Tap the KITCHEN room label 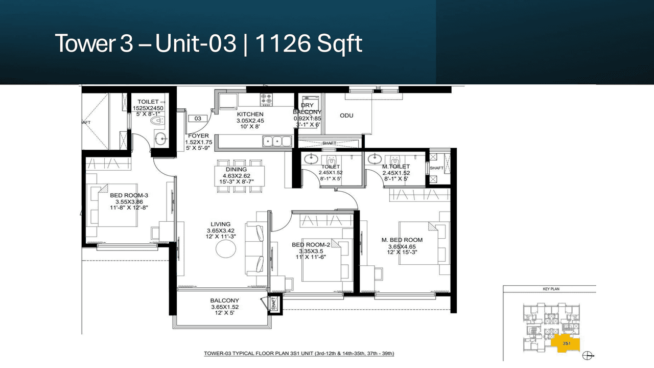click(250, 114)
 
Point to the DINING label click(236, 169)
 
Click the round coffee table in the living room click(226, 249)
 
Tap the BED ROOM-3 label click(129, 195)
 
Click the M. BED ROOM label click(402, 240)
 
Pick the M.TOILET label click(396, 167)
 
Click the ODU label click(346, 116)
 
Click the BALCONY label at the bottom click(224, 301)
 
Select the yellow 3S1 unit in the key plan click(565, 343)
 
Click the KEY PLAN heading click(551, 289)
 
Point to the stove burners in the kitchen click(267, 98)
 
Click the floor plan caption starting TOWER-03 click(299, 353)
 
